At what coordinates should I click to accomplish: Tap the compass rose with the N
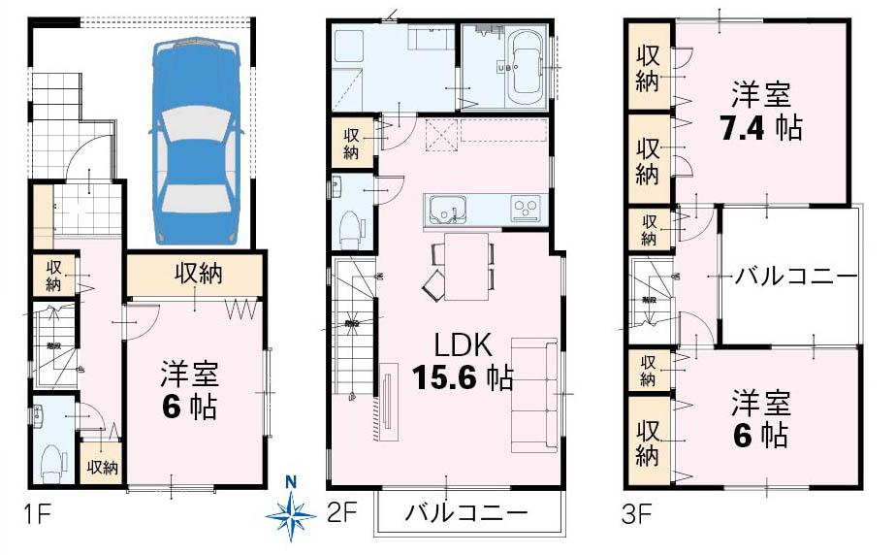[x=292, y=511]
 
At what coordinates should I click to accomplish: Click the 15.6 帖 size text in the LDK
[x=463, y=377]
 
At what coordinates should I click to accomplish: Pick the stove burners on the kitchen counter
[x=526, y=208]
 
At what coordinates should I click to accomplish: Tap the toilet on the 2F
[x=351, y=229]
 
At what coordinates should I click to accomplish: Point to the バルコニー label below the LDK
[x=465, y=512]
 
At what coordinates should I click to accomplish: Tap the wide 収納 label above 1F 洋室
[x=198, y=275]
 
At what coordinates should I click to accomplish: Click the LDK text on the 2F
[x=464, y=345]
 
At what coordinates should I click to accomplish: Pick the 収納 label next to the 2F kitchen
[x=349, y=142]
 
